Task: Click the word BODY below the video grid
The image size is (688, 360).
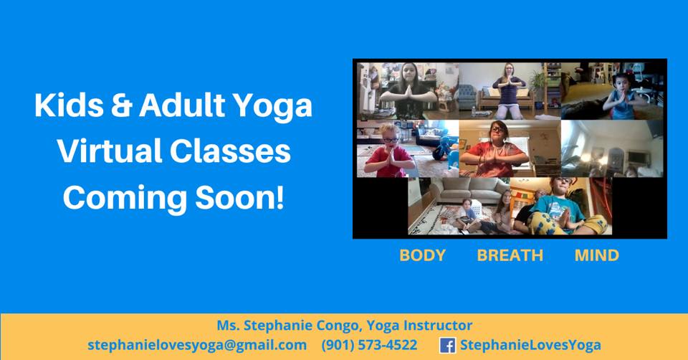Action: click(x=422, y=255)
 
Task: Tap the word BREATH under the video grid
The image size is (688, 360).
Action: click(x=510, y=255)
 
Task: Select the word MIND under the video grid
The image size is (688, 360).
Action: click(x=596, y=255)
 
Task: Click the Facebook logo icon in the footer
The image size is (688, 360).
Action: click(x=447, y=345)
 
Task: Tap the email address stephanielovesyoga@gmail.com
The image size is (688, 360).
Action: click(x=197, y=345)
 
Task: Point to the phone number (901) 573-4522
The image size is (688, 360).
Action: click(x=369, y=345)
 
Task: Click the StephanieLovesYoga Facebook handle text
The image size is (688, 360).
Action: click(x=530, y=345)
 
